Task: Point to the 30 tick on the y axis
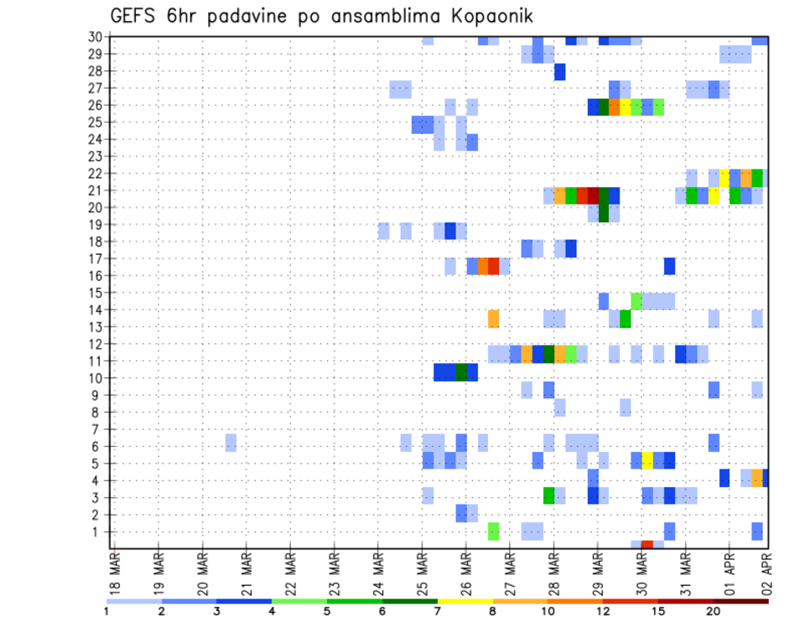(x=95, y=37)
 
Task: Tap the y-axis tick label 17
(x=95, y=258)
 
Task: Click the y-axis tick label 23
(x=95, y=156)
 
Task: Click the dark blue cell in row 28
(x=559, y=72)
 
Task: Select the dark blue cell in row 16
(x=669, y=266)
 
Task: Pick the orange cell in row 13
(x=493, y=319)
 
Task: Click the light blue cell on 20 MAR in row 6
(x=231, y=441)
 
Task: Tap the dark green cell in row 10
(x=461, y=372)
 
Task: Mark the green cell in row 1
(x=493, y=531)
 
